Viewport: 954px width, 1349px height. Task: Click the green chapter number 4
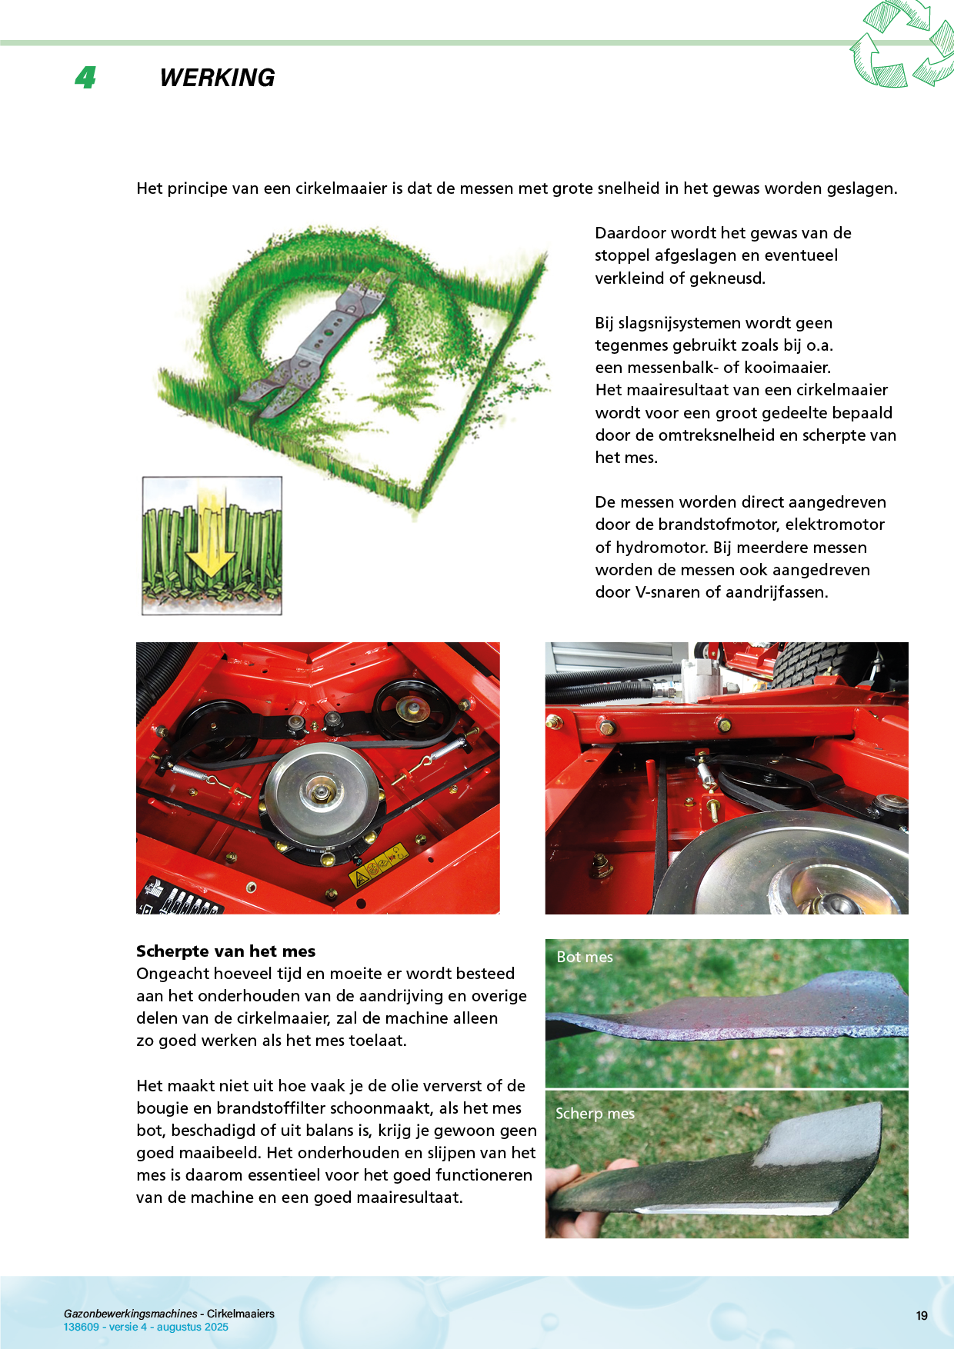pyautogui.click(x=85, y=78)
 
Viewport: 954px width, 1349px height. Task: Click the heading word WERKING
pyautogui.click(x=217, y=78)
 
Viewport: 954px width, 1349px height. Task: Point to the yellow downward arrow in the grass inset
pyautogui.click(x=209, y=538)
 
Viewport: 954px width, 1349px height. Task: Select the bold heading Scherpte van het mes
pyautogui.click(x=225, y=951)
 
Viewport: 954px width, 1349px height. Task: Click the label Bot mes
pyautogui.click(x=585, y=957)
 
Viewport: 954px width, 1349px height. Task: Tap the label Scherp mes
pyautogui.click(x=595, y=1114)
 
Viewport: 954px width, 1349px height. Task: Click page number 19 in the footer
pyautogui.click(x=922, y=1316)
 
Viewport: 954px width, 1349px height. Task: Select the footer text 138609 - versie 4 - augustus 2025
pyautogui.click(x=146, y=1327)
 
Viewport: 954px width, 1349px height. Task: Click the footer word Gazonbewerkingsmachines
pyautogui.click(x=131, y=1314)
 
